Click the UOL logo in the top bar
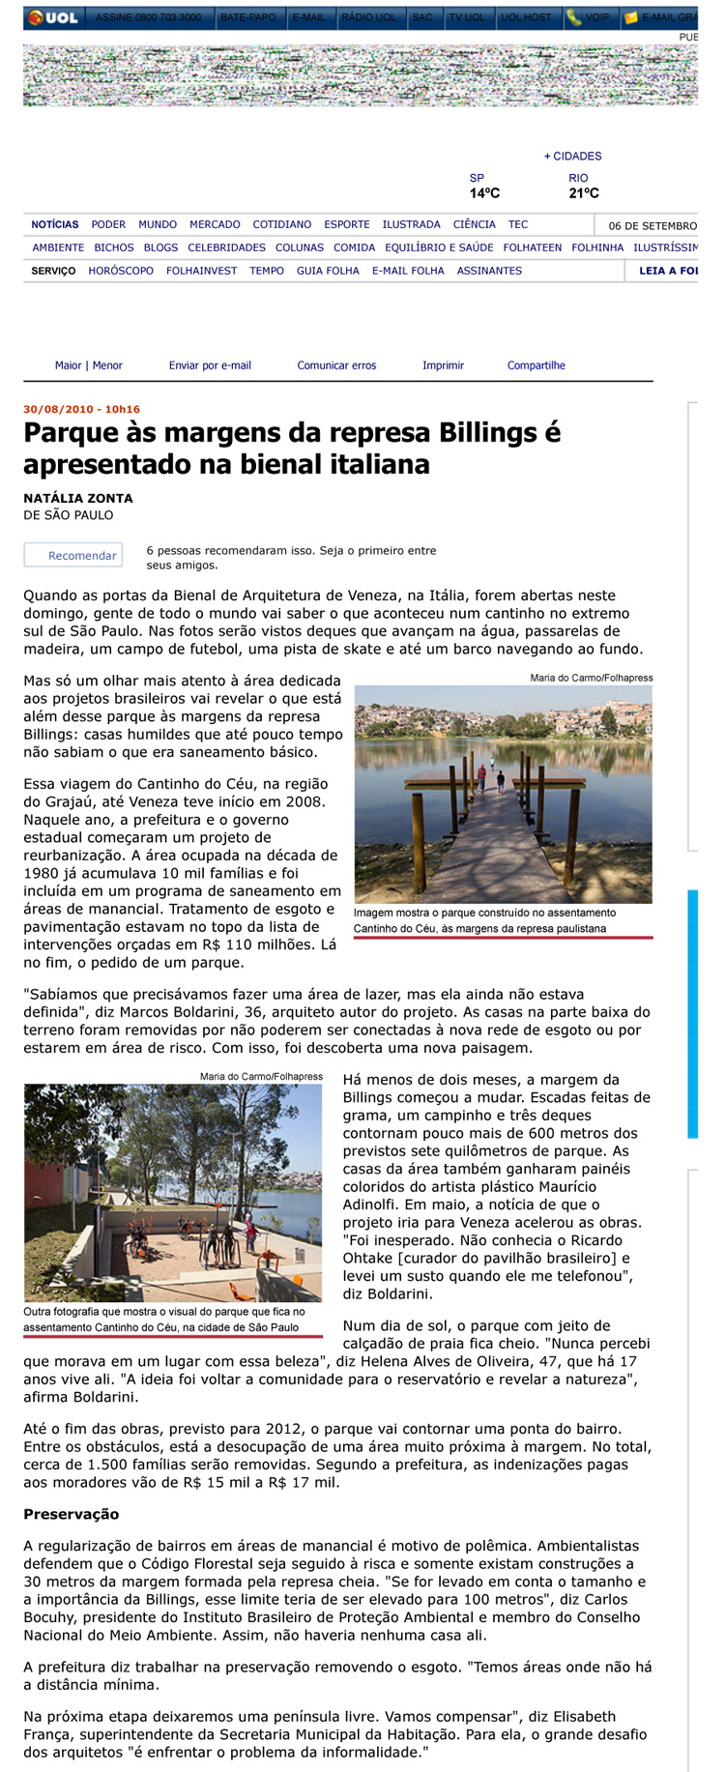pos(54,17)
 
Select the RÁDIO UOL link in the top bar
pos(368,17)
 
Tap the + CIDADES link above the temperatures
pos(572,156)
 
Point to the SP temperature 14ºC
pos(484,193)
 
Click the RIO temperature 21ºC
pos(584,193)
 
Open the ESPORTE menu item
pos(347,224)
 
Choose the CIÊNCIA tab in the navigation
pos(474,224)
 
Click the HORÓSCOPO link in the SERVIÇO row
pos(121,271)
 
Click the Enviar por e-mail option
pos(210,365)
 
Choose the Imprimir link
pos(443,365)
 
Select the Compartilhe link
pos(536,365)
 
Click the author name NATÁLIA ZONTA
pos(78,498)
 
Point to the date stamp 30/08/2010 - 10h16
pos(81,409)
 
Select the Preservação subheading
pos(72,1514)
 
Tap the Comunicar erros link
pos(336,365)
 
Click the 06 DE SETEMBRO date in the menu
pos(652,225)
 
